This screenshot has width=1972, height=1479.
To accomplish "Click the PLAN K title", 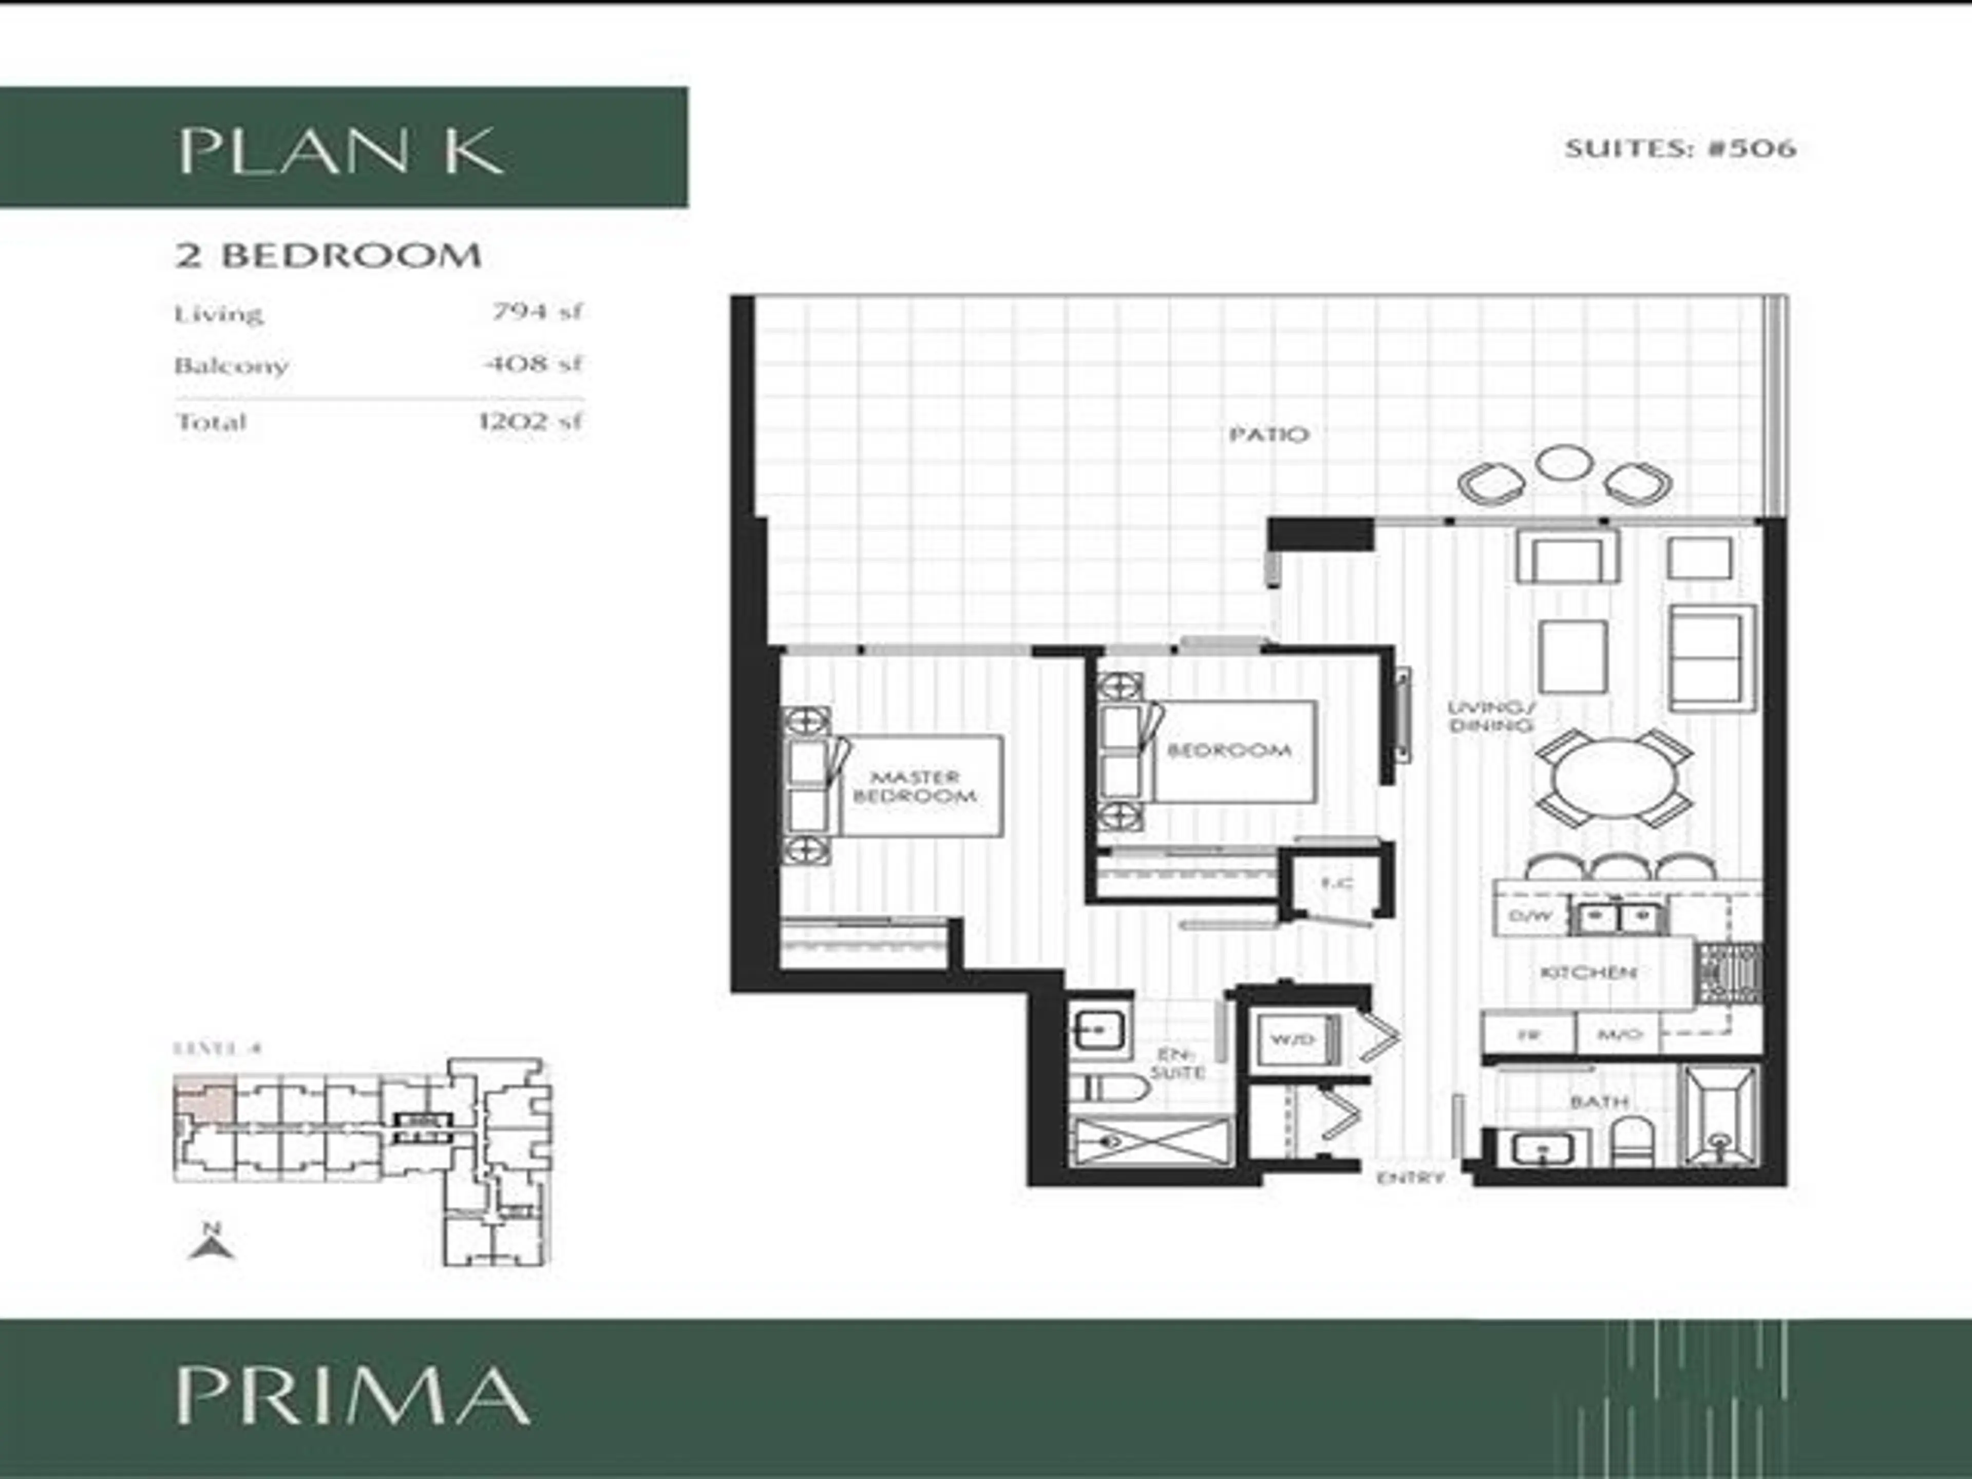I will click(x=342, y=151).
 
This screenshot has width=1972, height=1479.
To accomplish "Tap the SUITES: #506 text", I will click(x=1680, y=148).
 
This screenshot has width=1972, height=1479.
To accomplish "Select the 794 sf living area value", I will click(x=538, y=312).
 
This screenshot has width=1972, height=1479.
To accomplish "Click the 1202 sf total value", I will click(x=530, y=420).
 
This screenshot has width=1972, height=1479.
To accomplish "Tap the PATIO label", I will click(x=1268, y=434).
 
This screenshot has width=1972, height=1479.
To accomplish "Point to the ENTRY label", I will click(x=1410, y=1178).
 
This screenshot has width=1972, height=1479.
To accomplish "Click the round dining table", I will click(x=1614, y=779).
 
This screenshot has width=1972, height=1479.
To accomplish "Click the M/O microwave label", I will click(x=1620, y=1035).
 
